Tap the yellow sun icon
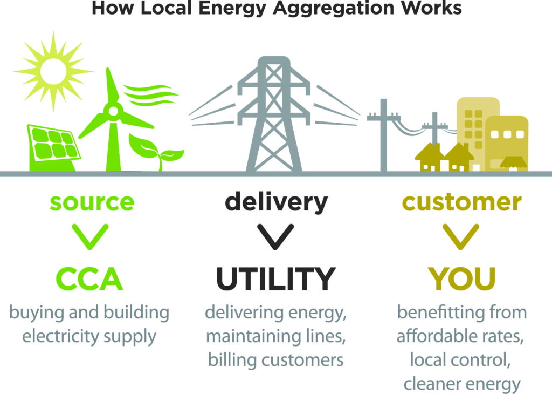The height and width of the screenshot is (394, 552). coord(53,70)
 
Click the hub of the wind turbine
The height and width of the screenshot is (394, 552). coord(113,112)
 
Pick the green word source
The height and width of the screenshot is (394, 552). coord(92,202)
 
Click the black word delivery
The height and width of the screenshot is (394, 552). coord(276,202)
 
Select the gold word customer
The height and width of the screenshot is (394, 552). coord(462,202)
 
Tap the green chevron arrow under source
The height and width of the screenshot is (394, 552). coord(92,235)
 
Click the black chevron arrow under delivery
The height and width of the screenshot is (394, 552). coord(275,235)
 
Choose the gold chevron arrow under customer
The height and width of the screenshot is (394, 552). coord(461,235)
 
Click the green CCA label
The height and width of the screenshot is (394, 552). coord(89,278)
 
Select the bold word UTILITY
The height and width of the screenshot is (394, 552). coord(275,278)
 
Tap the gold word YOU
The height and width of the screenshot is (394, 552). coord(462,278)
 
